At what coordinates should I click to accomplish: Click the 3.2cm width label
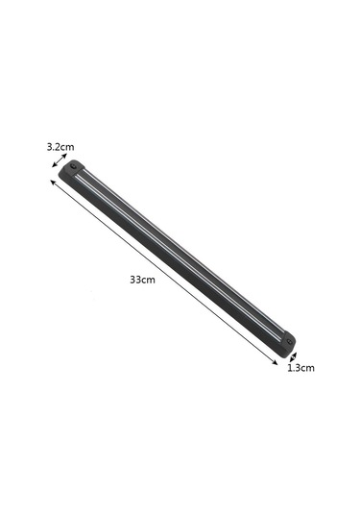60,147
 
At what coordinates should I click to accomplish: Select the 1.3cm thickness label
300,367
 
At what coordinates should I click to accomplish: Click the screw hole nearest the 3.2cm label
74,167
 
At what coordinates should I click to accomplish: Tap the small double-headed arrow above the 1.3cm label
292,355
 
